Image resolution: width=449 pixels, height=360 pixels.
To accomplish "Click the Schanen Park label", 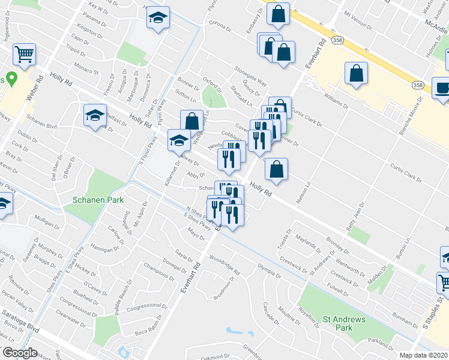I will click(x=97, y=200).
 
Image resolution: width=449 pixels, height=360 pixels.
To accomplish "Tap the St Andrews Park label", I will click(x=343, y=323).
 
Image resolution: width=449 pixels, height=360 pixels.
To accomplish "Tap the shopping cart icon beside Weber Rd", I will click(x=25, y=55).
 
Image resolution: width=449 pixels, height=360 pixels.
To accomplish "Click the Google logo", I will click(x=20, y=353).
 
